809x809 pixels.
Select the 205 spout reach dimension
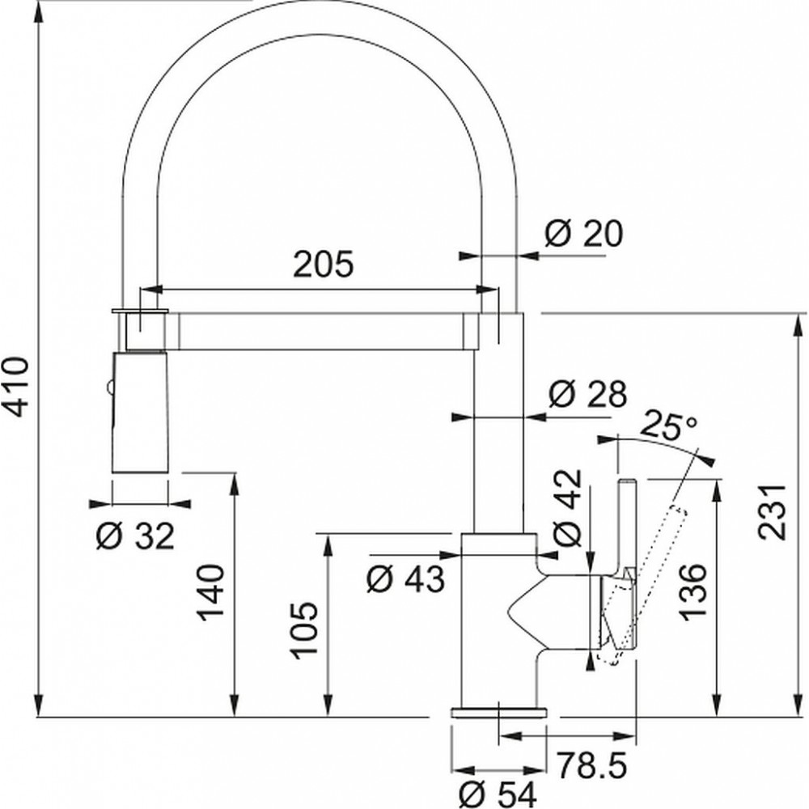tap(324, 265)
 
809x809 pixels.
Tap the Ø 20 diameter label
tap(583, 233)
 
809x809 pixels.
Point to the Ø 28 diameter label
tap(587, 395)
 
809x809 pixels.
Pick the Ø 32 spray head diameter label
tap(136, 536)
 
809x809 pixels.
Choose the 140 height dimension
tap(210, 593)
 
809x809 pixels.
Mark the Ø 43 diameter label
tap(405, 579)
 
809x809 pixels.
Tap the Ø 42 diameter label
tap(567, 508)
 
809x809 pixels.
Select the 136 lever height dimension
tap(692, 593)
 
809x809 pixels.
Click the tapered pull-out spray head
tap(140, 411)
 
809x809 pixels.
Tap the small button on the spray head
tap(108, 386)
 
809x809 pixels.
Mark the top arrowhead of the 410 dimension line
tap(38, 11)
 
